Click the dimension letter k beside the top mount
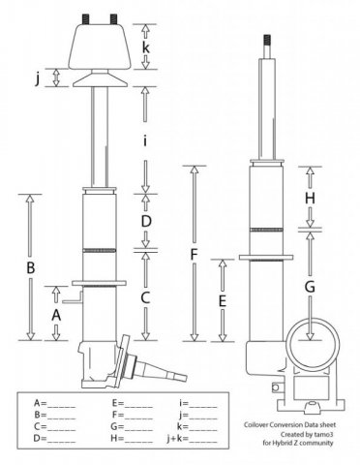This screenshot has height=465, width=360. click(x=146, y=47)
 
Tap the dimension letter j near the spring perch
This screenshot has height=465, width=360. click(x=38, y=78)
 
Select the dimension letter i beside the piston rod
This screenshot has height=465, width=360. click(x=145, y=140)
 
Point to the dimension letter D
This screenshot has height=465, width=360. click(x=146, y=222)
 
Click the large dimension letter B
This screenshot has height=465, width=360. click(x=30, y=267)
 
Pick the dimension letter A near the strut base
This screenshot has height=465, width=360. click(x=56, y=315)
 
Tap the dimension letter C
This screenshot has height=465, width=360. click(x=145, y=297)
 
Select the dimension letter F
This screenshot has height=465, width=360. click(x=194, y=255)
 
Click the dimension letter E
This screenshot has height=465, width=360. click(x=223, y=301)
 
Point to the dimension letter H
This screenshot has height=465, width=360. click(x=310, y=199)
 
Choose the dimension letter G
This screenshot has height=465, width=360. click(x=310, y=287)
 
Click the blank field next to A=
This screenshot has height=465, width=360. click(x=61, y=403)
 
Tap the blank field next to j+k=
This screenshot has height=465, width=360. click(x=203, y=439)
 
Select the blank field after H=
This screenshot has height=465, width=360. click(x=138, y=439)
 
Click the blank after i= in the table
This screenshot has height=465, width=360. click(x=203, y=403)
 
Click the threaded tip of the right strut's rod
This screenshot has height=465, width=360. click(x=266, y=40)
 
